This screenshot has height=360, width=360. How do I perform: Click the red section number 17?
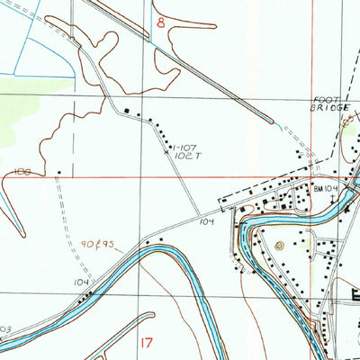click(x=148, y=342)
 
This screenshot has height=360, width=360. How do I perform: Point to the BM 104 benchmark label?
click(x=324, y=188)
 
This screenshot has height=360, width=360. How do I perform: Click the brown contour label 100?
click(x=22, y=171)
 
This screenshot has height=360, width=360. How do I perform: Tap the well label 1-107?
click(x=186, y=147)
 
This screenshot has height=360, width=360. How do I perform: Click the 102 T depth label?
click(x=187, y=156)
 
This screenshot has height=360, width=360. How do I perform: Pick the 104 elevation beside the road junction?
click(x=207, y=220)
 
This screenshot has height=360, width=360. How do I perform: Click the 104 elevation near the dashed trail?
click(x=82, y=283)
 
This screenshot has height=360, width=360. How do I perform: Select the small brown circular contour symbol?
click(x=279, y=244)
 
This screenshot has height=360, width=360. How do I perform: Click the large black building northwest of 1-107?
click(x=127, y=112)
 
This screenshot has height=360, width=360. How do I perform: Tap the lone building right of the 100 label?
click(x=59, y=172)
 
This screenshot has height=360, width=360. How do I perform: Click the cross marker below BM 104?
click(x=332, y=197)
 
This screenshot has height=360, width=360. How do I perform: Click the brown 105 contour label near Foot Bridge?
click(x=346, y=118)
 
